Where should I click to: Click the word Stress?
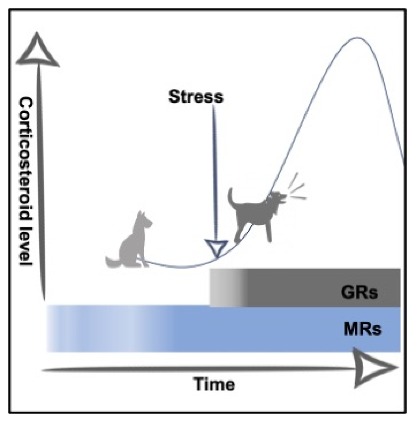click(x=196, y=97)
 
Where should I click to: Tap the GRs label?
click(x=359, y=292)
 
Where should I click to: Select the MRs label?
click(x=363, y=329)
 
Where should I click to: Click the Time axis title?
click(x=215, y=384)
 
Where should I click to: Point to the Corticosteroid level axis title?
click(x=26, y=181)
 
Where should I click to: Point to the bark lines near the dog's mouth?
click(x=297, y=188)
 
